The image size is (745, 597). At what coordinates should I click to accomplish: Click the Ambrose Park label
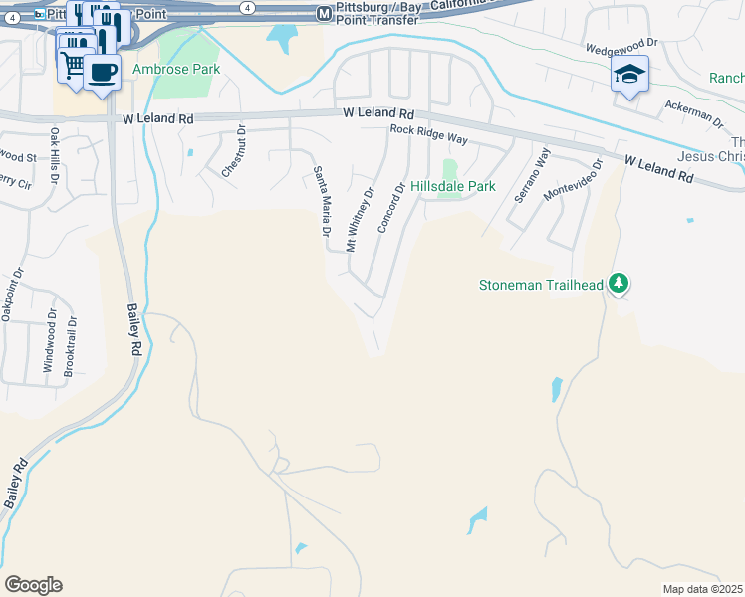coord(175,70)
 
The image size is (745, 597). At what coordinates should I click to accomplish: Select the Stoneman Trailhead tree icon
coord(620,285)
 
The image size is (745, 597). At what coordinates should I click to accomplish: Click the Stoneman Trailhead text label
coord(541,285)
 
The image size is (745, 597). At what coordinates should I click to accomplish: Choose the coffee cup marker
coord(102,70)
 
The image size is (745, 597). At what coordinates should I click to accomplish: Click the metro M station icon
coord(324,14)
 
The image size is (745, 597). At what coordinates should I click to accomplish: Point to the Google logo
coord(33,585)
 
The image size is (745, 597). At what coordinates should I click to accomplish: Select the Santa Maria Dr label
coord(321,200)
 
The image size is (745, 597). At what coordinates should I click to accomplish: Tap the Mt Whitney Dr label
coord(360,219)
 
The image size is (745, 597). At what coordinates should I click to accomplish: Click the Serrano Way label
coord(531,176)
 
